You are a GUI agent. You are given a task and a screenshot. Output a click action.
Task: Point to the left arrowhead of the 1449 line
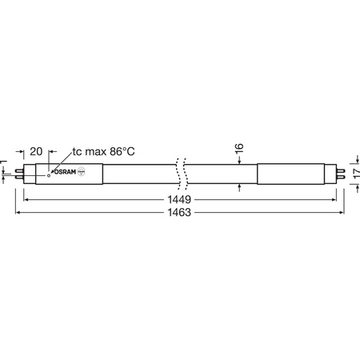pos(26,198)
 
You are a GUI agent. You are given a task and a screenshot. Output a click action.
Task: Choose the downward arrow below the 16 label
pos(240,162)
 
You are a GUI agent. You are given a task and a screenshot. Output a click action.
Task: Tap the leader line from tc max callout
pos(60,160)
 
